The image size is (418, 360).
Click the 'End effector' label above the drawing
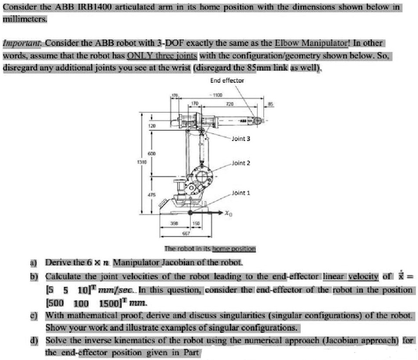click(227, 80)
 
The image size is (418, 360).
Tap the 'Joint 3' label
click(241, 139)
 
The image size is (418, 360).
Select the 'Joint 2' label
click(241, 163)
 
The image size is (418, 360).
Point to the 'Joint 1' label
click(241, 192)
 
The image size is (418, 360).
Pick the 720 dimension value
click(229, 104)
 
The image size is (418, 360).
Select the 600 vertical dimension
click(151, 154)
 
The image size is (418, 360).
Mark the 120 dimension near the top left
click(151, 126)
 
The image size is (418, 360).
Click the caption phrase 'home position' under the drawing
click(234, 249)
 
